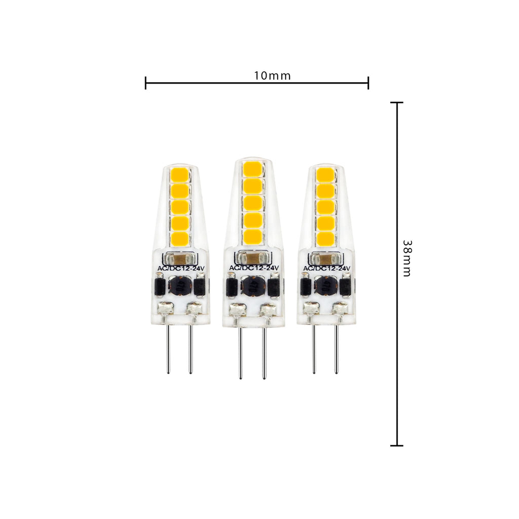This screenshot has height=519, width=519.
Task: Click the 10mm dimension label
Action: tap(272, 76)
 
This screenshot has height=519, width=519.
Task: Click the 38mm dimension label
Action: tap(407, 258)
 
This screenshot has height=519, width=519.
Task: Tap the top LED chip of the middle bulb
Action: tap(253, 168)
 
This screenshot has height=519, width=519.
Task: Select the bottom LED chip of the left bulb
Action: tap(180, 239)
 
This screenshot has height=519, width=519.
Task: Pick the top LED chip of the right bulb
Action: tap(325, 174)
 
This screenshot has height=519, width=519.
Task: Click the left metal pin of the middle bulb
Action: tap(241, 352)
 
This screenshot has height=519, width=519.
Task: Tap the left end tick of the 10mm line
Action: tap(145, 83)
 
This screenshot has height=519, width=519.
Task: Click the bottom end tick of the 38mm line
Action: tap(397, 446)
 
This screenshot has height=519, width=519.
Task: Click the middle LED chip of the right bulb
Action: tap(325, 207)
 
